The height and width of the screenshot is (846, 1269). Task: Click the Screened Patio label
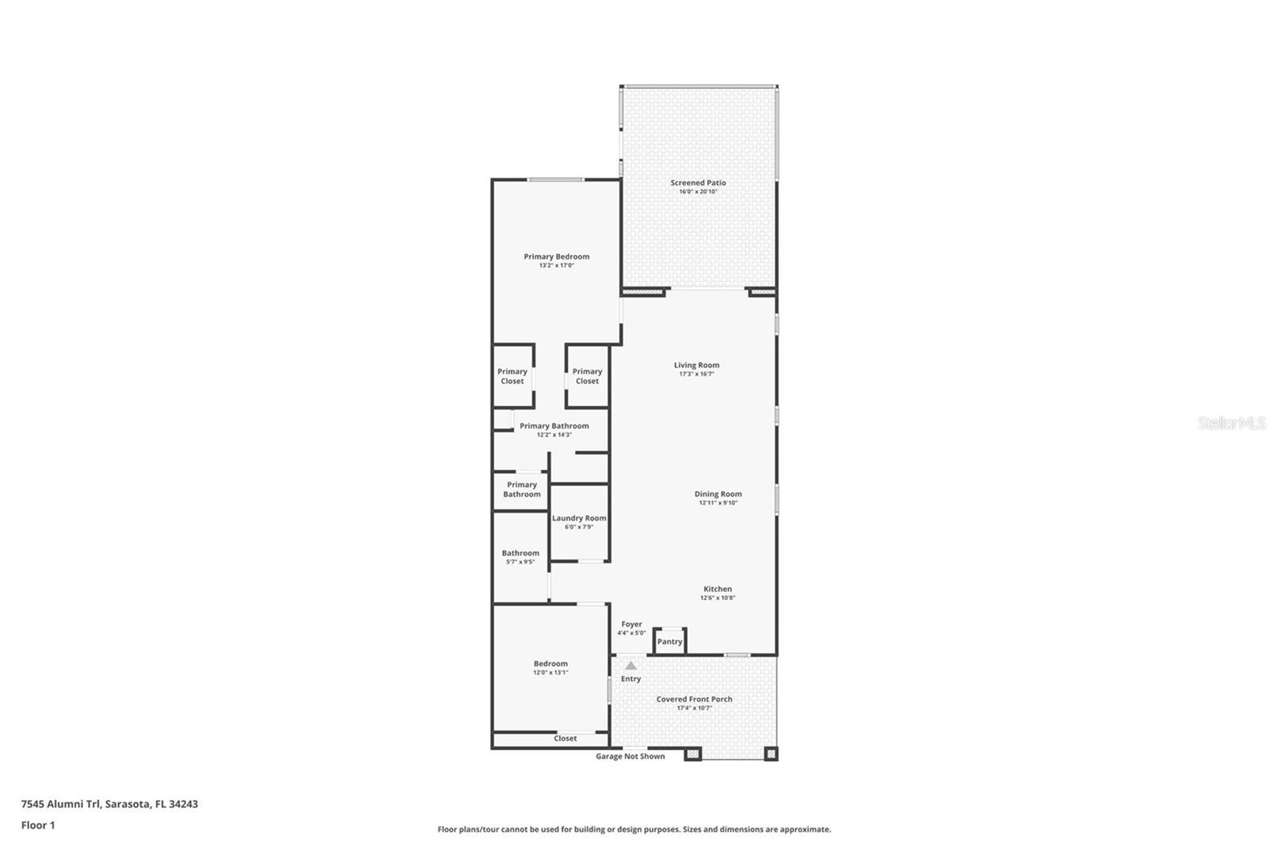point(698,183)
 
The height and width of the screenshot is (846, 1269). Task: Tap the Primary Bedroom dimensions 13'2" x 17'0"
point(556,266)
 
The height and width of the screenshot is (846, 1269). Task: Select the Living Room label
point(696,365)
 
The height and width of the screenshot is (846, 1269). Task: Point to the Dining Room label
point(718,494)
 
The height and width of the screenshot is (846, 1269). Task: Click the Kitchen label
point(717,589)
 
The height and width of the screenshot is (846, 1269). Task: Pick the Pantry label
point(669,641)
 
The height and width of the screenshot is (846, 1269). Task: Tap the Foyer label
point(631,625)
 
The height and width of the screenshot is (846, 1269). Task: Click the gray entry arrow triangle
point(631,666)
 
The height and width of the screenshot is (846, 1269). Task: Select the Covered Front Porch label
point(694,699)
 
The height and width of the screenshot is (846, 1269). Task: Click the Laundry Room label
point(579,518)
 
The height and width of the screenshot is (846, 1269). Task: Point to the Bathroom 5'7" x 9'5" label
point(520,553)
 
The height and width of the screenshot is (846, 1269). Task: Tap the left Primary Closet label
point(512,376)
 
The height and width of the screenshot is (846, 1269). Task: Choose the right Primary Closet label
point(587,376)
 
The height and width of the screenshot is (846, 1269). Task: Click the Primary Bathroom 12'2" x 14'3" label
point(554,426)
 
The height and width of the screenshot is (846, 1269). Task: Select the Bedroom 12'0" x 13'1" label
point(550,663)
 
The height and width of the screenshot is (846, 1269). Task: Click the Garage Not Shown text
point(631,756)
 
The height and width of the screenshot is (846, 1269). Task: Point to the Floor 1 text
point(38,825)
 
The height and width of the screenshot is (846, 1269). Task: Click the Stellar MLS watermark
point(1231,423)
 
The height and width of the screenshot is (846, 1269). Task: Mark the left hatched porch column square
point(692,754)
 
